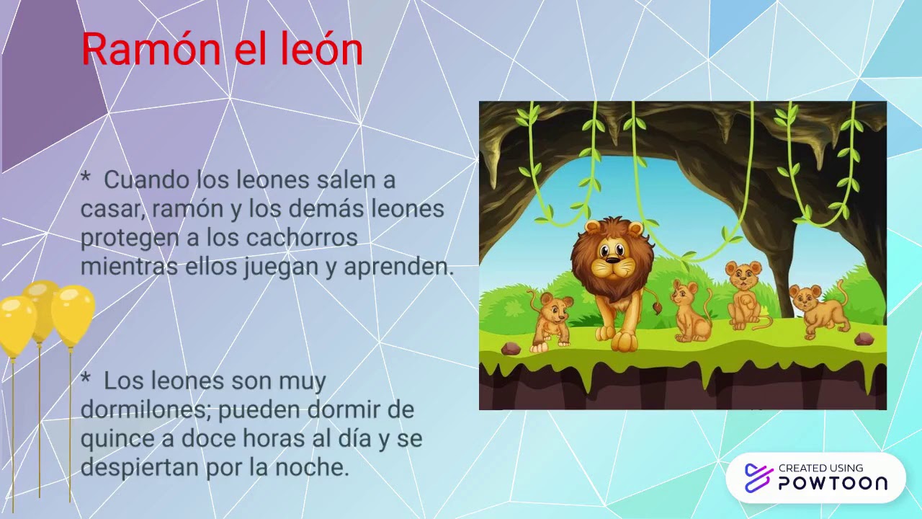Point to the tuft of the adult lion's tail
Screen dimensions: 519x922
click(x=657, y=307)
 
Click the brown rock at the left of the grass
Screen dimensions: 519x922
click(x=511, y=349)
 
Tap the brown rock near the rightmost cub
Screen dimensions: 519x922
click(x=864, y=339)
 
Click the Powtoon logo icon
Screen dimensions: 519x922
click(x=758, y=478)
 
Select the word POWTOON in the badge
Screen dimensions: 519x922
click(x=833, y=483)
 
